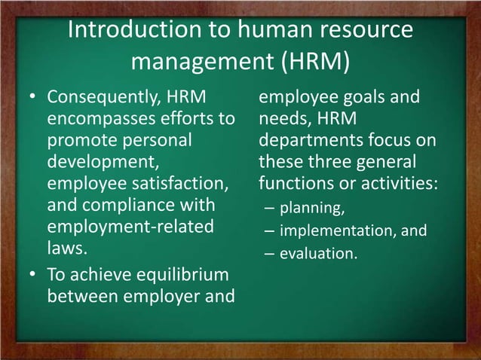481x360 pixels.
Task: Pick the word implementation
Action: click(x=339, y=231)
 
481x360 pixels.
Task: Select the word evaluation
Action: click(x=318, y=255)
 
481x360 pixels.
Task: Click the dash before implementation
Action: click(x=268, y=231)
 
